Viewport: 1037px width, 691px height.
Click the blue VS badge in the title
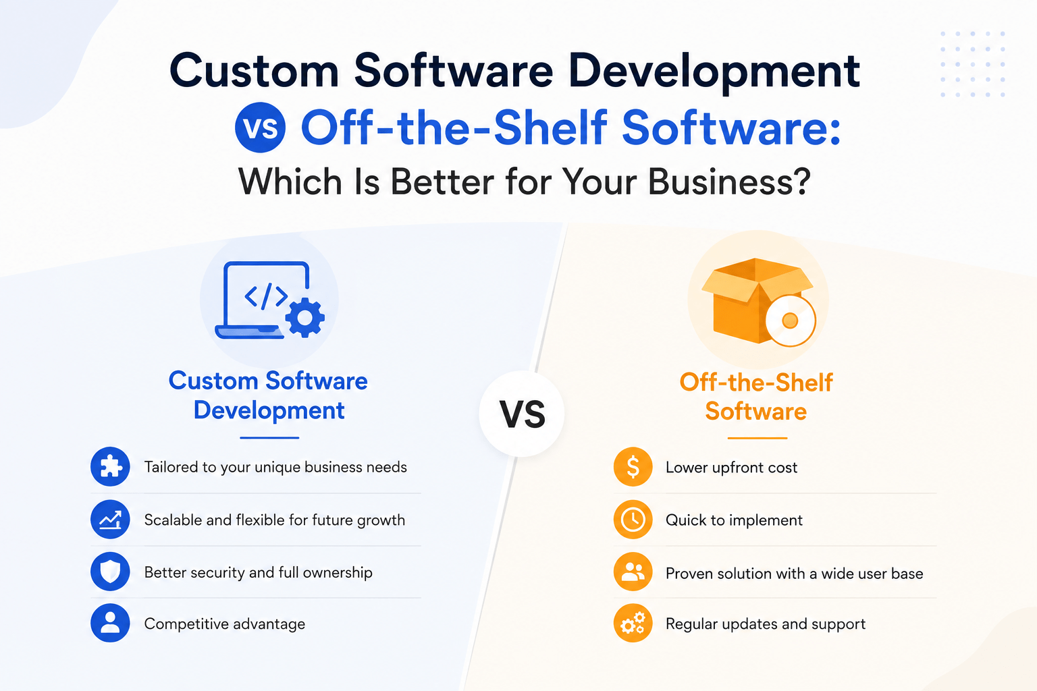click(260, 128)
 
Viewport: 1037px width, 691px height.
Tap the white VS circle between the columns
click(522, 413)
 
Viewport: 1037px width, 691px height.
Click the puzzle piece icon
click(110, 466)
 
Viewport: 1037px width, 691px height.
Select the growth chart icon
click(110, 520)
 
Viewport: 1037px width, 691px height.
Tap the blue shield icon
click(110, 572)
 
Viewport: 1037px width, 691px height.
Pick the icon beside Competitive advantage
click(110, 623)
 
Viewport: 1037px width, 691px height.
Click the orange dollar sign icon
click(633, 466)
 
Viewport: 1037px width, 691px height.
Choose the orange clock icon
click(633, 520)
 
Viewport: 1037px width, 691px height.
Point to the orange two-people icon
click(633, 572)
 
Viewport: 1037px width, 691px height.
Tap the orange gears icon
click(633, 623)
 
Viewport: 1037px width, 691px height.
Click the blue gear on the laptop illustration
click(304, 318)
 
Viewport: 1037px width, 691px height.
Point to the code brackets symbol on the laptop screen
click(266, 296)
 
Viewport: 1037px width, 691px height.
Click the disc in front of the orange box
click(791, 321)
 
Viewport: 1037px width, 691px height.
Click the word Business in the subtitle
click(730, 182)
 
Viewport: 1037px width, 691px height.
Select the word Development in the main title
click(715, 72)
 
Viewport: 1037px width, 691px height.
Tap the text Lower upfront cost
click(731, 468)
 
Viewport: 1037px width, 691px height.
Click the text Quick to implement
click(734, 520)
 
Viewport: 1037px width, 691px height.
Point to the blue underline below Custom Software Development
click(269, 437)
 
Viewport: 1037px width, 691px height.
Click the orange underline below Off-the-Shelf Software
click(757, 437)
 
